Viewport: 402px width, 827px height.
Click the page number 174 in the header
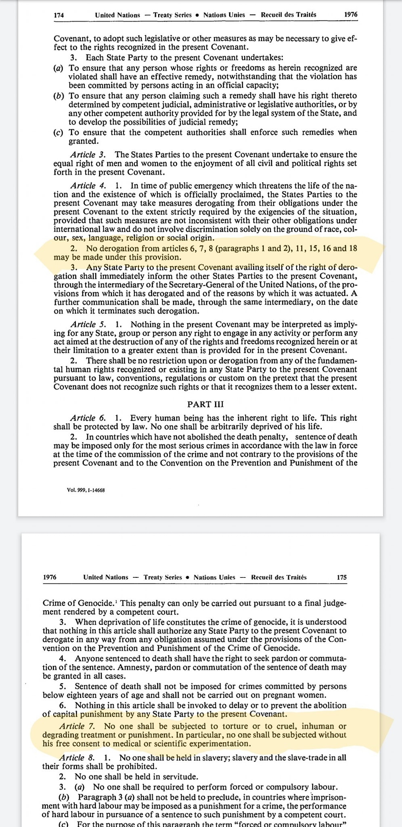coord(59,15)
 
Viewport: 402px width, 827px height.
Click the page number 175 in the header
coord(341,577)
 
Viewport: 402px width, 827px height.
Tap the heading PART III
coord(205,404)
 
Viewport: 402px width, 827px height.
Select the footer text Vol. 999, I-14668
coord(86,490)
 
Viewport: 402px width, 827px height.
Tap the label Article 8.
coord(77,758)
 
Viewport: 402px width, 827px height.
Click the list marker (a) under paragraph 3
coord(59,68)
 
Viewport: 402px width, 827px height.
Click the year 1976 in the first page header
coord(350,15)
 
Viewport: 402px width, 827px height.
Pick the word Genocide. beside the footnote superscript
coord(98,604)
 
